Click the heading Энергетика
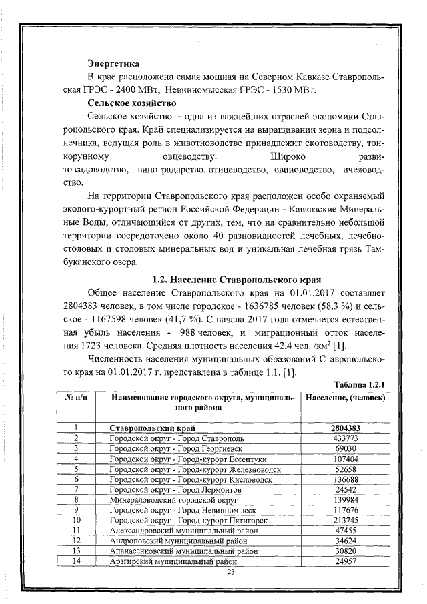coord(114,65)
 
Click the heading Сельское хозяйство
coord(132,103)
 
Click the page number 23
coord(232,573)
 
